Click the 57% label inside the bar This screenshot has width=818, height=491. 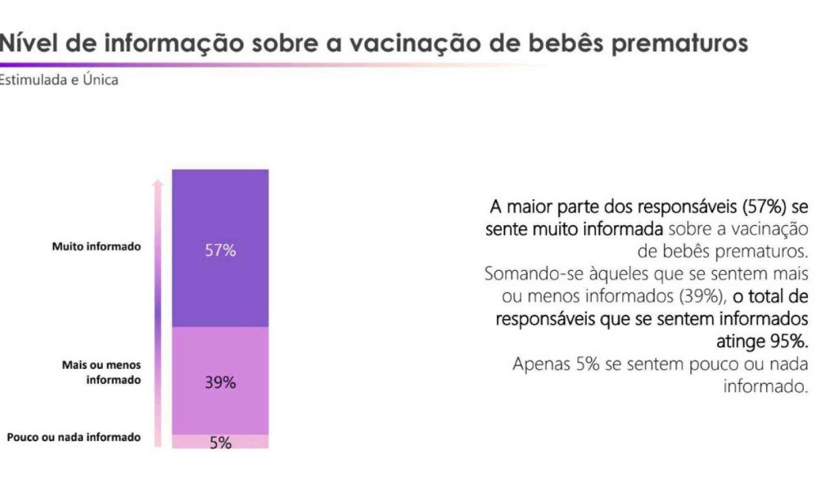coord(220,250)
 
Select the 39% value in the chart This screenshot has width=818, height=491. coord(220,383)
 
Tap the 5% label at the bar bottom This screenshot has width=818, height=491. coord(220,443)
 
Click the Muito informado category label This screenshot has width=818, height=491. coord(96,247)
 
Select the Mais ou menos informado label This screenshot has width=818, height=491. coord(102,372)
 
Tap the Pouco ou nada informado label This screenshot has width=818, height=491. coord(74,437)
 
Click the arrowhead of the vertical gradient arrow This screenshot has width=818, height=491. coord(158,183)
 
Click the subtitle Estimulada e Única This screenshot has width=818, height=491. coord(59,80)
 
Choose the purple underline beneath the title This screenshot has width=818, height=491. coord(204,65)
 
